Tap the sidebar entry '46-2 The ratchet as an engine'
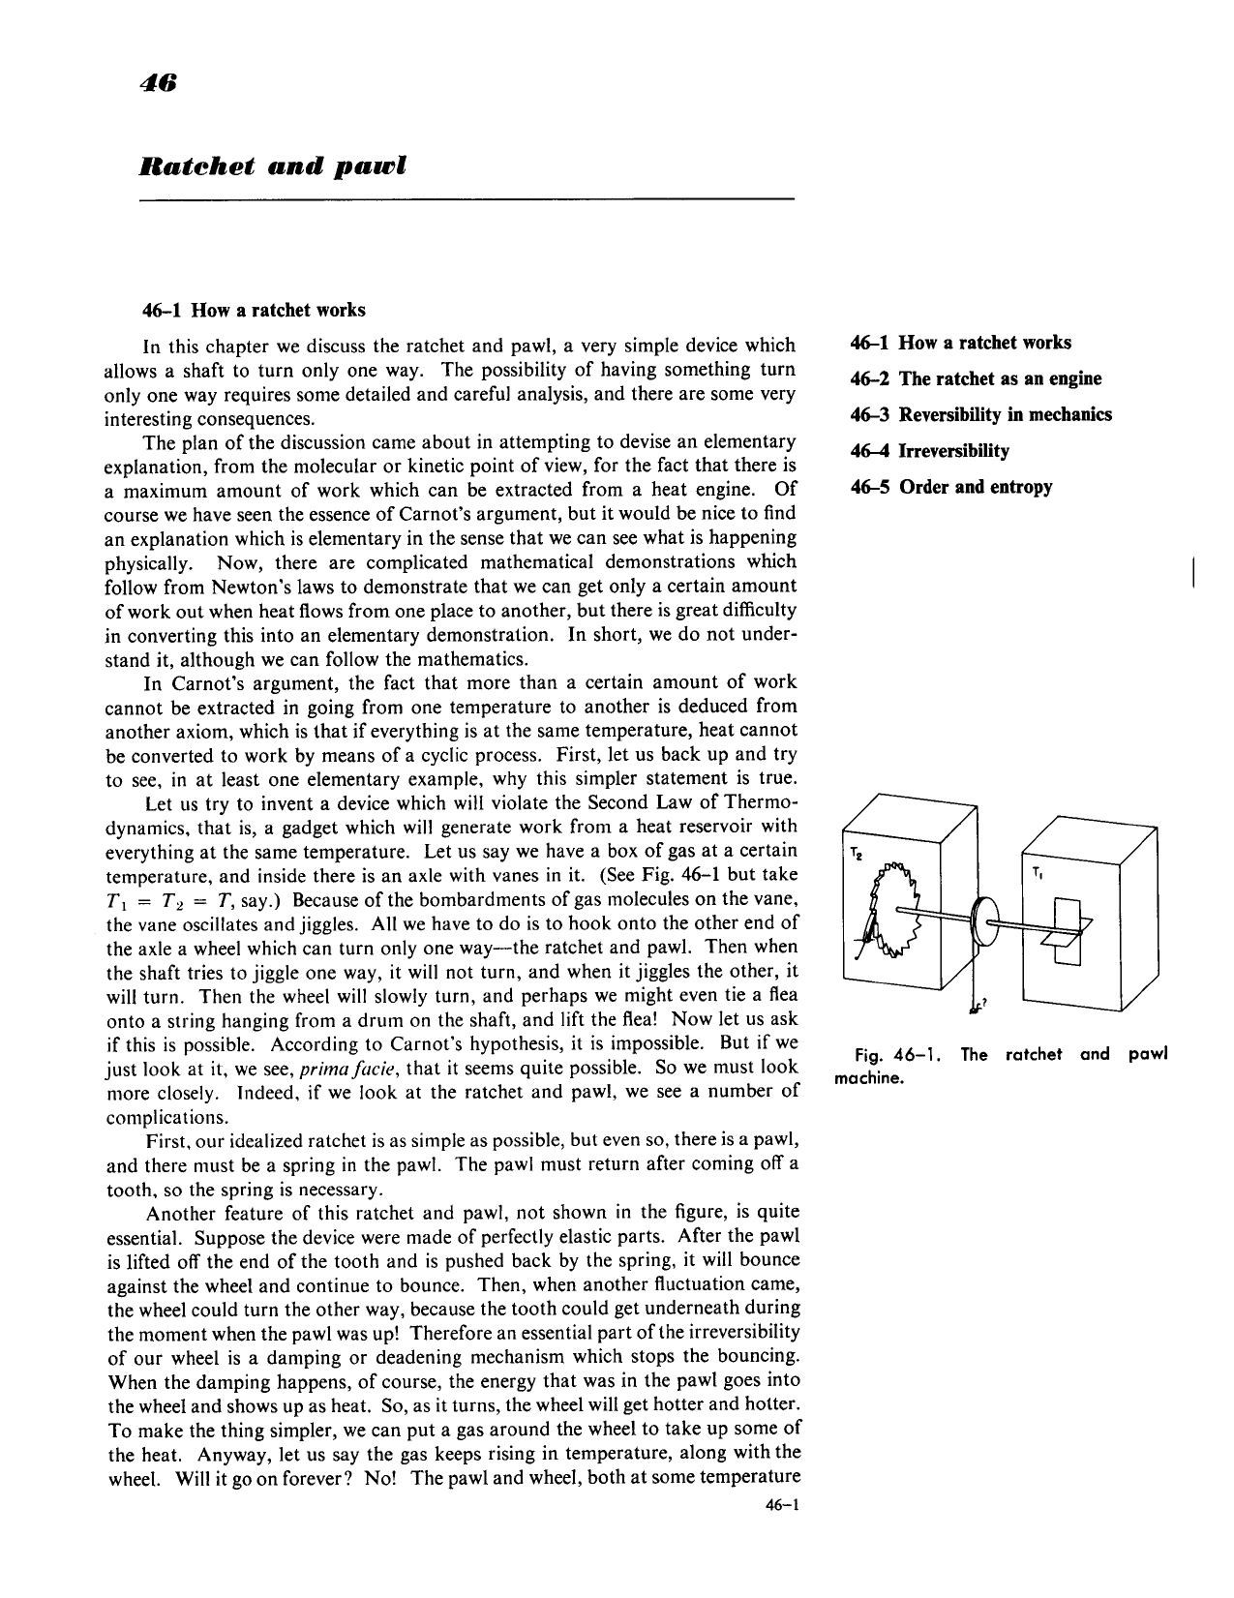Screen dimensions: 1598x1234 [975, 378]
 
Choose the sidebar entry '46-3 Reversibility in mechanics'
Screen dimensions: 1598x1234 [980, 414]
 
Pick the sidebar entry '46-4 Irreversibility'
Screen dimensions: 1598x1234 [929, 450]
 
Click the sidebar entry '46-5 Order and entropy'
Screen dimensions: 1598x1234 [950, 486]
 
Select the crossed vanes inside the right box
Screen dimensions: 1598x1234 [1064, 930]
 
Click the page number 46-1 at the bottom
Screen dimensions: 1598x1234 [778, 1505]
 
